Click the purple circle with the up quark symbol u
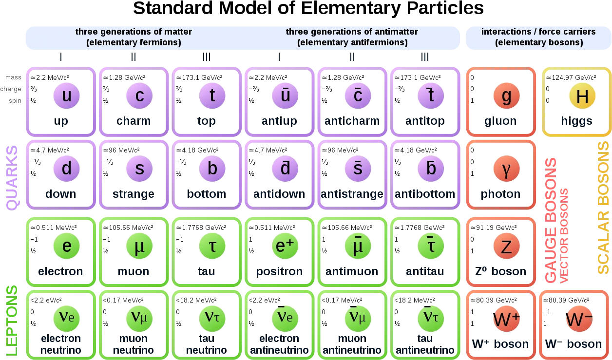66,95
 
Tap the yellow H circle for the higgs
582,95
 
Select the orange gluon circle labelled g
506,95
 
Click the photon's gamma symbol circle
506,169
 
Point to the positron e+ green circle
285,246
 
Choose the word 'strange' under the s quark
134,194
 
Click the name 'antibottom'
425,194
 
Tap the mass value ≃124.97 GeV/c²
571,77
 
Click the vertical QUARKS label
12,178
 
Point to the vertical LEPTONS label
12,321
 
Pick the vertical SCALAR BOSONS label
603,208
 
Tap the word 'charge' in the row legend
11,89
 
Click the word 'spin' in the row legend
15,101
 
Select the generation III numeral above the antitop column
425,57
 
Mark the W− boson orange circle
579,319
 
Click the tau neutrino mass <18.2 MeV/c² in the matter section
196,300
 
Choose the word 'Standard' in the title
172,8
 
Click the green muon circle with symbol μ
139,246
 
